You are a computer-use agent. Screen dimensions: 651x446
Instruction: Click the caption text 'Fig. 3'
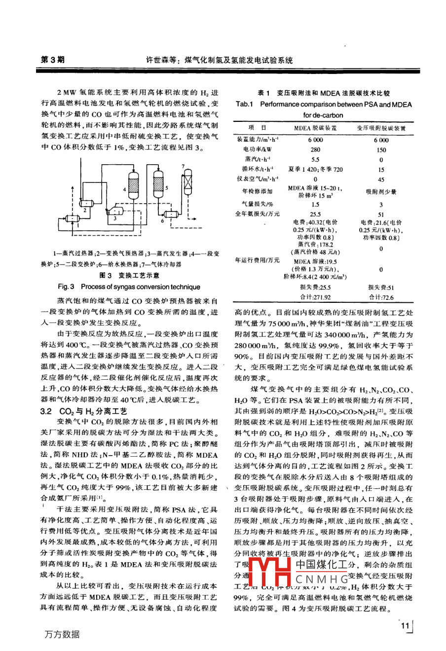point(66,287)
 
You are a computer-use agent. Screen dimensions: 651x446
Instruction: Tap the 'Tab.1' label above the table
point(244,104)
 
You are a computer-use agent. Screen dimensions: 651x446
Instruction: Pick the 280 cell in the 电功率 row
point(315,149)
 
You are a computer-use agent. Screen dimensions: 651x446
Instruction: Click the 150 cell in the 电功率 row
point(381,149)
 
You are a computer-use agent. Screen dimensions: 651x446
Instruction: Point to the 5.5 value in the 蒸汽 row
point(315,159)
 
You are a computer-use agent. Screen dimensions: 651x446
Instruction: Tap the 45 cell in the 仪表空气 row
point(381,179)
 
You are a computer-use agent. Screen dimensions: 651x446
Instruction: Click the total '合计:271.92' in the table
point(315,297)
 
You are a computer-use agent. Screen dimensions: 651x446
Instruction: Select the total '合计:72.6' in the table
point(381,297)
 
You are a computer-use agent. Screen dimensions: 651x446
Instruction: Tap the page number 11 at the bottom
point(405,626)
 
